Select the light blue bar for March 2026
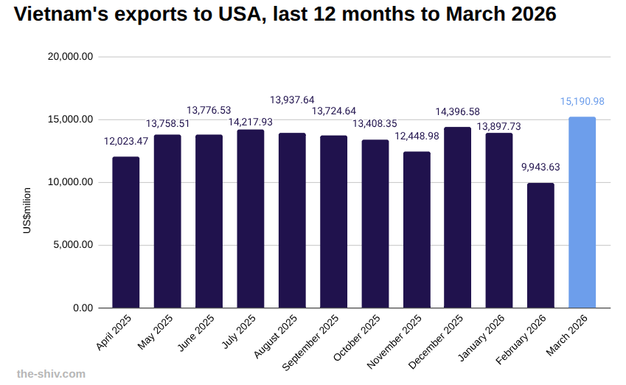tap(582, 212)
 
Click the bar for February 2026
tap(540, 246)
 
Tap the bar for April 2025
tap(125, 232)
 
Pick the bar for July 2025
tap(250, 219)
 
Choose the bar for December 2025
tap(457, 218)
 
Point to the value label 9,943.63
tap(540, 167)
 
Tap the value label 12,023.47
tap(126, 141)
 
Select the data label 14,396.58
tap(457, 111)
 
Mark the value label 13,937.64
tap(292, 100)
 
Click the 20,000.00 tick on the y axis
tap(69, 57)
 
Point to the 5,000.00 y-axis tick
tap(72, 245)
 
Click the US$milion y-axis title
tap(27, 212)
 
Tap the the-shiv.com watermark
tap(51, 373)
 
